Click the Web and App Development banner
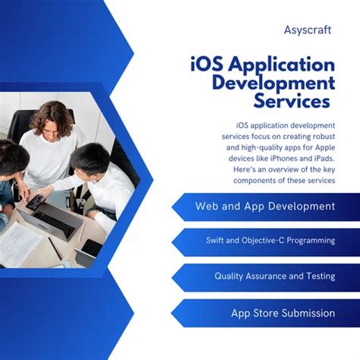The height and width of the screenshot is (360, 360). click(264, 206)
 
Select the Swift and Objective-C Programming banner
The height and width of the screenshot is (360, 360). click(270, 241)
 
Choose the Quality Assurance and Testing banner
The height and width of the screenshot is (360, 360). click(274, 276)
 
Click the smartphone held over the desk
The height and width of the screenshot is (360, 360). click(35, 202)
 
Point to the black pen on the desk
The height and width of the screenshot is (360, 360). click(54, 248)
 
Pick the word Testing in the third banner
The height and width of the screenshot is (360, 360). click(317, 276)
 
